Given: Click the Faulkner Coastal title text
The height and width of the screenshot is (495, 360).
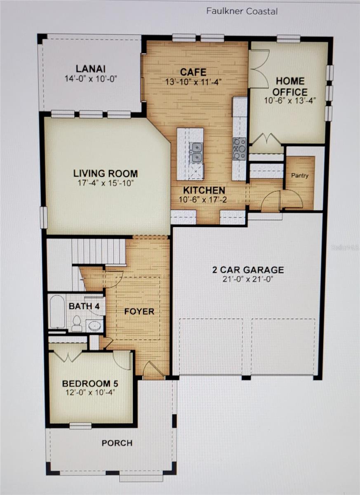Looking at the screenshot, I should coord(242,11).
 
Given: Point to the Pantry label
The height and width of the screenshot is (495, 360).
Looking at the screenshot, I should coord(300,175).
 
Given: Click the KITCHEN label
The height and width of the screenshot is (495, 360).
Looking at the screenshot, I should coord(204,190).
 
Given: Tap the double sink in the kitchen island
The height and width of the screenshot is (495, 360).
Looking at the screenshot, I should coord(196,152).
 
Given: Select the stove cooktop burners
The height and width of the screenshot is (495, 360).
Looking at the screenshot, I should coord(239,148).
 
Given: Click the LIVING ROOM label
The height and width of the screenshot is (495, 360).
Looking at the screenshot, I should coord(106,173).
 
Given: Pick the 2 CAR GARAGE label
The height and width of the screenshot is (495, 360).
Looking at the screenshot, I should coord(248,270).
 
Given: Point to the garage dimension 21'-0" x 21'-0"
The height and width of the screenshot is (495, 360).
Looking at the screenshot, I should coord(248,279).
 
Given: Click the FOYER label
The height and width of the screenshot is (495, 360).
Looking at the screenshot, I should coord(140,311).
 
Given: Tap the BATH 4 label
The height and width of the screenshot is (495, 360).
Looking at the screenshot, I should coord(81,306).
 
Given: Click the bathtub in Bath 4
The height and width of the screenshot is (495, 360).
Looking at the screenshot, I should coord(57,311).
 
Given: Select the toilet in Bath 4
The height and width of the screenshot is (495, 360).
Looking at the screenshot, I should coord(77,323).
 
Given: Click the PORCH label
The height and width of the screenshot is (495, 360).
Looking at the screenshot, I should coord(117,443).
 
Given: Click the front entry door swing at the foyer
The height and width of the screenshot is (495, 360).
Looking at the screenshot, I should coord(153,370).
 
